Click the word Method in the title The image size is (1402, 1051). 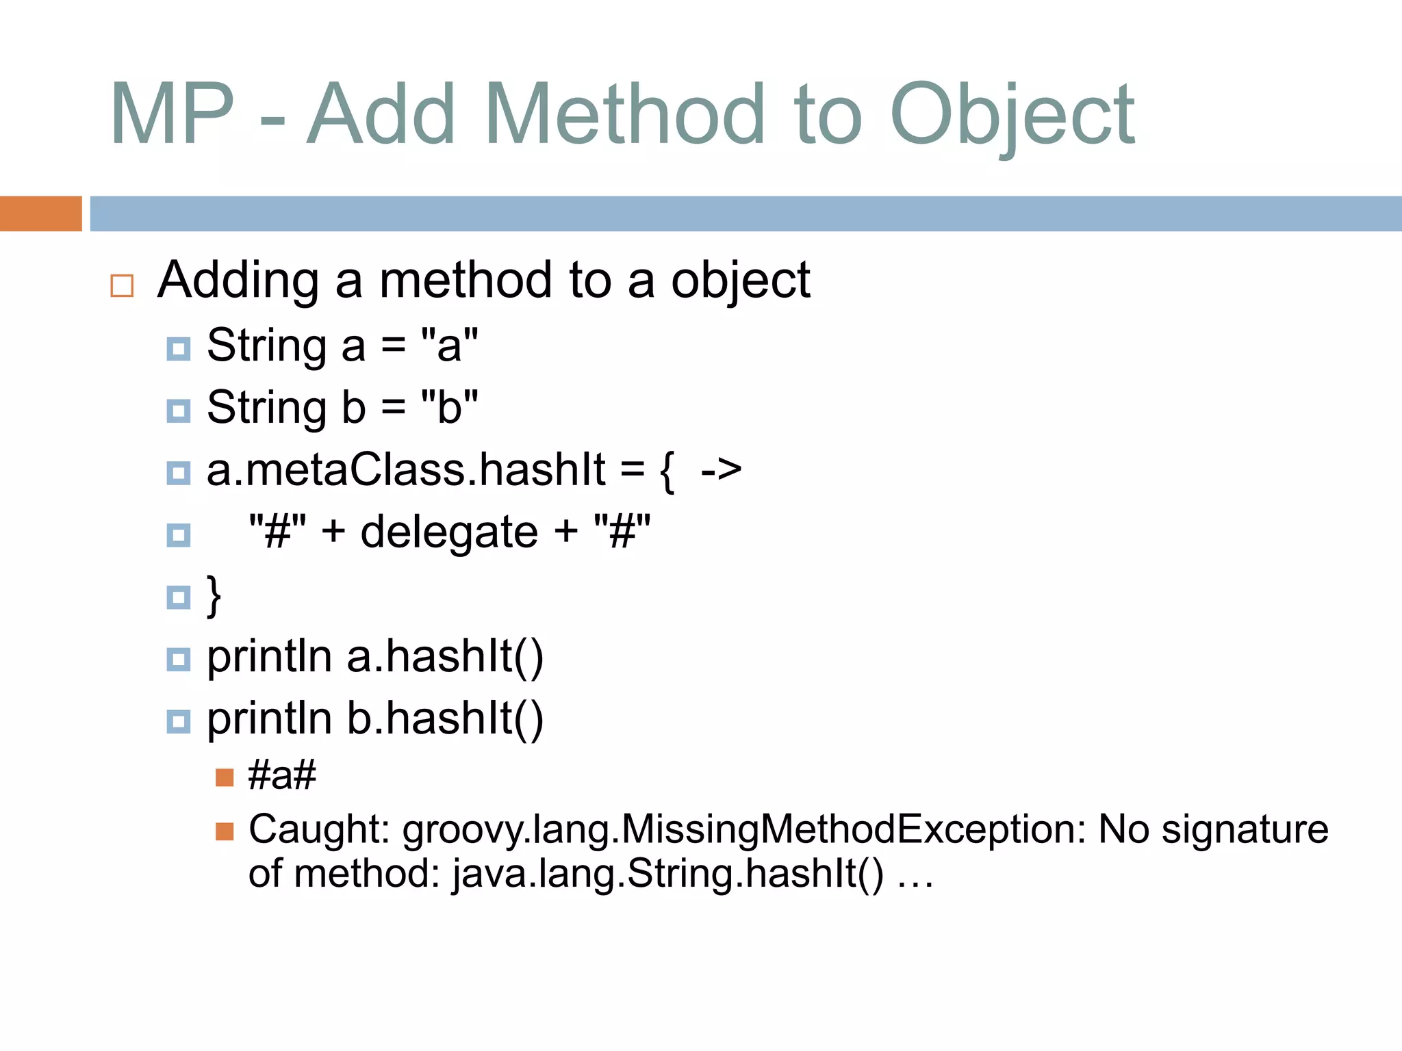[624, 115]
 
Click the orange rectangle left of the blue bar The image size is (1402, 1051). [40, 213]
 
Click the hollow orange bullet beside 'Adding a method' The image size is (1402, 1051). [122, 285]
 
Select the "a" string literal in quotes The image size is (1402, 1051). [450, 345]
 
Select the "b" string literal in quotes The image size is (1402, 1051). [450, 407]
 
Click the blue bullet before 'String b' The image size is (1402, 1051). [179, 411]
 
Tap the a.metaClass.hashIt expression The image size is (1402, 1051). [406, 470]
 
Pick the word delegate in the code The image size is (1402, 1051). [449, 532]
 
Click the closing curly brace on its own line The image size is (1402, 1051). [214, 595]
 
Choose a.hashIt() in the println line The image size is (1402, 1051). [445, 657]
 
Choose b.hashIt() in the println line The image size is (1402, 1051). [445, 719]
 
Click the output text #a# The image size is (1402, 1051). [282, 776]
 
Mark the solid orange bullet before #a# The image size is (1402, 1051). [225, 777]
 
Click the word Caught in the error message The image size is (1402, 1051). [319, 830]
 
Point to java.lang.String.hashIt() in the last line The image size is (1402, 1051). [668, 874]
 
